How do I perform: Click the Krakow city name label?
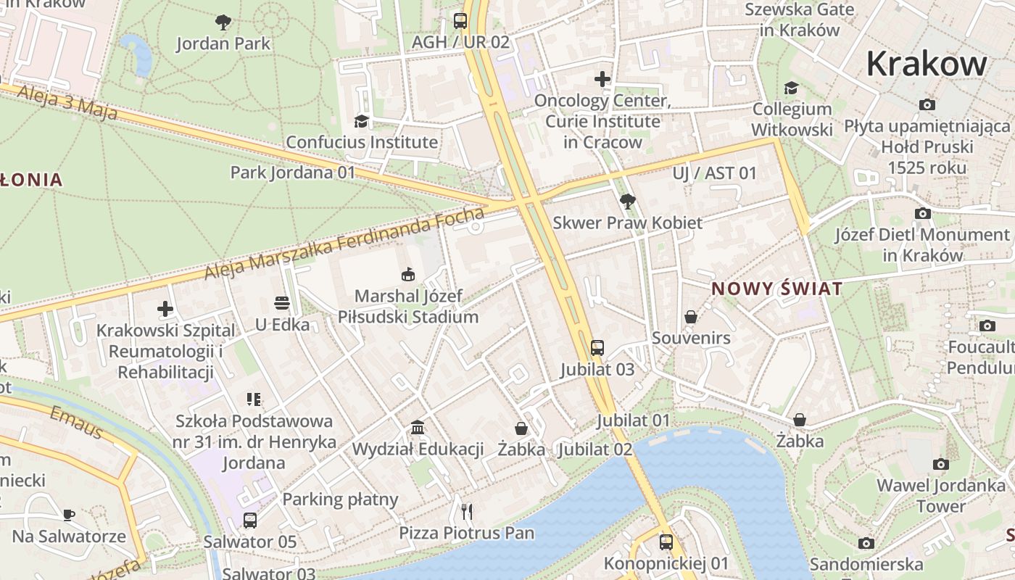(x=926, y=64)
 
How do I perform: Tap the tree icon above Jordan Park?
(x=223, y=22)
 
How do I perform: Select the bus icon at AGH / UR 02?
(x=460, y=20)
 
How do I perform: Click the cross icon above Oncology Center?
(x=602, y=79)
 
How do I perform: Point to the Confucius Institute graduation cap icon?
(x=361, y=121)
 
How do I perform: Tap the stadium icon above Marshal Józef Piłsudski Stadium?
(x=408, y=274)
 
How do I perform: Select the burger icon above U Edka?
(x=282, y=302)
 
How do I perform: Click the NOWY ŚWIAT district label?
(x=776, y=289)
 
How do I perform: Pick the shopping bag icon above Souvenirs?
(x=691, y=317)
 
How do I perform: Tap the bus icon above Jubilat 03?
(x=597, y=348)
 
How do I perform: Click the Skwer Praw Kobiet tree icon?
(x=627, y=201)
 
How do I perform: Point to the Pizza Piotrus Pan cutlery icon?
(x=467, y=511)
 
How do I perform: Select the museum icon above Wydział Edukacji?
(x=418, y=427)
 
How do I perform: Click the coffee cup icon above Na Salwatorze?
(x=69, y=515)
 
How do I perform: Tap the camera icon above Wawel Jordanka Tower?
(x=940, y=464)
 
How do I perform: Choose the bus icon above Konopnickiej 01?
(x=666, y=542)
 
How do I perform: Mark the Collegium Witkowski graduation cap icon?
(x=791, y=88)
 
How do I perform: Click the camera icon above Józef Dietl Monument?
(x=922, y=213)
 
